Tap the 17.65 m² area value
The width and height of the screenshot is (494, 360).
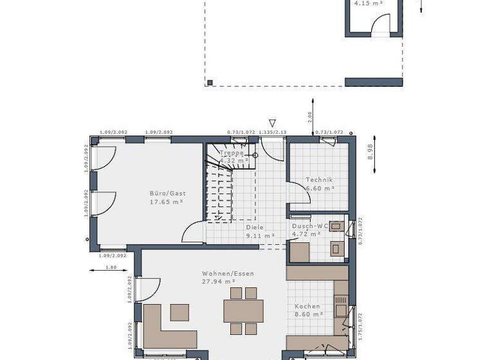click(167, 202)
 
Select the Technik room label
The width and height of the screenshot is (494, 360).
click(319, 179)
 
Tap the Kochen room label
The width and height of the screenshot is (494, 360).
click(307, 307)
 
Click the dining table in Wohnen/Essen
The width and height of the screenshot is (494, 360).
click(243, 311)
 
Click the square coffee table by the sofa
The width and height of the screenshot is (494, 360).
click(179, 312)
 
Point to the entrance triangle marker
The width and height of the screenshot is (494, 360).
click(273, 123)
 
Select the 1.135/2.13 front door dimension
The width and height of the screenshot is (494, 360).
click(273, 132)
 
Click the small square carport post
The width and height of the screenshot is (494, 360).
click(210, 82)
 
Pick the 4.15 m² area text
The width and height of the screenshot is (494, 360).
click(369, 3)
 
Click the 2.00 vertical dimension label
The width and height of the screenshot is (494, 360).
click(309, 117)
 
